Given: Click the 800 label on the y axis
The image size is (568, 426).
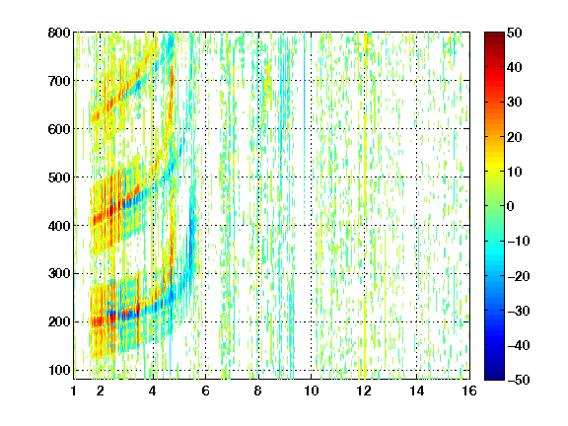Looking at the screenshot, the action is coord(59,33).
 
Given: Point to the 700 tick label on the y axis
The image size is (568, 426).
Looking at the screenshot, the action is coord(59,81).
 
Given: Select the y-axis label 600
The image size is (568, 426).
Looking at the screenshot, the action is coord(59,129).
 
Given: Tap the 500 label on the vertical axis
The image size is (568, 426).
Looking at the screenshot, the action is coord(59,177).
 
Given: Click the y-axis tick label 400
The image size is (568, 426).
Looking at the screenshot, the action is coord(59,225).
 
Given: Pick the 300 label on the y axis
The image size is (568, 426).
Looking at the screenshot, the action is coord(59,273).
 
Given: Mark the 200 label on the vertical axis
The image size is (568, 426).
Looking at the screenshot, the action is coord(59,321).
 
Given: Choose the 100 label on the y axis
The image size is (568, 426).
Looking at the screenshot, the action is coord(59,370).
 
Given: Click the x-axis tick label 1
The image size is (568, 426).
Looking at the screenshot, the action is coord(74,390).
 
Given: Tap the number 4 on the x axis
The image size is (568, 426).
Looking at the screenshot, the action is coord(153,390).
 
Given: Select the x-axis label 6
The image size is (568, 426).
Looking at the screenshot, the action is coord(205,390).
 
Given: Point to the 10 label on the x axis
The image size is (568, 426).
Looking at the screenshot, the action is coord(311,390).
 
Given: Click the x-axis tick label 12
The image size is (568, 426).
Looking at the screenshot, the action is coord(364,390).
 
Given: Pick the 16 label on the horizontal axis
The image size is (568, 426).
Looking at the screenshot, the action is coord(469,390).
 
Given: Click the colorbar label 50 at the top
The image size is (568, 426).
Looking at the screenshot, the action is coord(514,33).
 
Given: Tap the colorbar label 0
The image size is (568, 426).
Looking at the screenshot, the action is coord(511,206).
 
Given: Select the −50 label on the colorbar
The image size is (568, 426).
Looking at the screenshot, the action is coord(519,380).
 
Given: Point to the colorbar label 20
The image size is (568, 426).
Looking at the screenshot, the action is coord(514,137).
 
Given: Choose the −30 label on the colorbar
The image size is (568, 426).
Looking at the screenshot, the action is coord(519,311).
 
